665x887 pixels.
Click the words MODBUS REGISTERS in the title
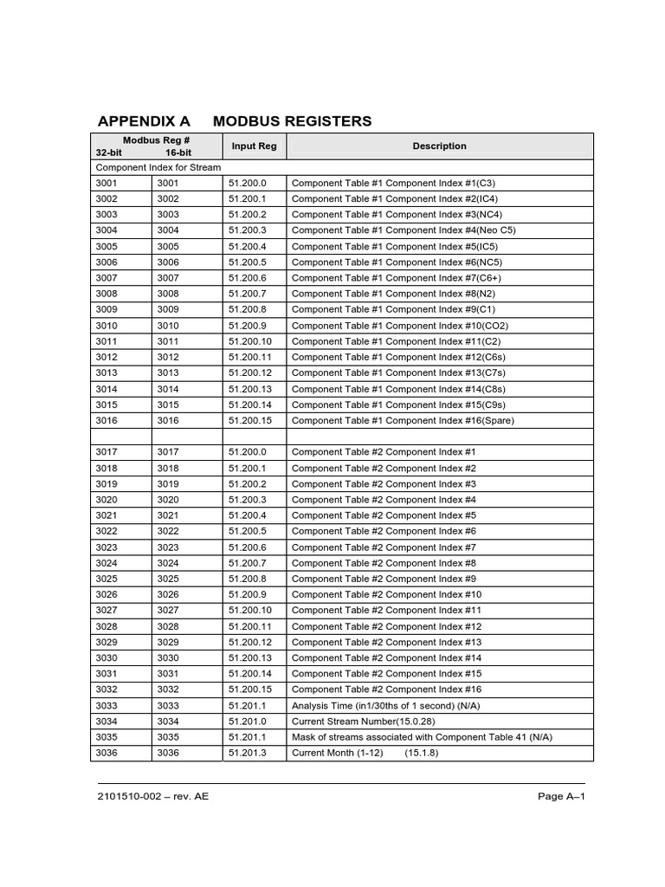pyautogui.click(x=292, y=121)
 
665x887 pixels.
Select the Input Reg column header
pyautogui.click(x=254, y=146)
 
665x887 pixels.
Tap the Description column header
pyautogui.click(x=439, y=146)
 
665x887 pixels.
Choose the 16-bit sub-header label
pyautogui.click(x=178, y=152)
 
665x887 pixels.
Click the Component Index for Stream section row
pyautogui.click(x=158, y=167)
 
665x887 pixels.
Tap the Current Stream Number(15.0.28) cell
pyautogui.click(x=363, y=722)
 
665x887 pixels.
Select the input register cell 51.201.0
pyautogui.click(x=248, y=722)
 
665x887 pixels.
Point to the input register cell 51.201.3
pyautogui.click(x=248, y=754)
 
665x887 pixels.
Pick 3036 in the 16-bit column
pyautogui.click(x=168, y=754)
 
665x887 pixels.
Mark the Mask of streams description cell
pyautogui.click(x=422, y=737)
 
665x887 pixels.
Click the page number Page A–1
pyautogui.click(x=562, y=797)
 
